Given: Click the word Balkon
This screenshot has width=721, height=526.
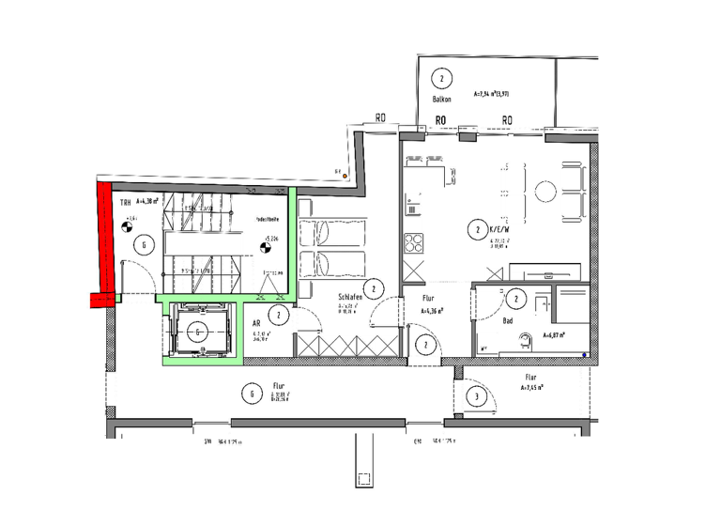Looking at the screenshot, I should click(443, 99).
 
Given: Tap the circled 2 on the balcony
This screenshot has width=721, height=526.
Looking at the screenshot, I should click(440, 78).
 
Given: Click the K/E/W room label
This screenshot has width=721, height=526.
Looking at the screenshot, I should click(499, 228).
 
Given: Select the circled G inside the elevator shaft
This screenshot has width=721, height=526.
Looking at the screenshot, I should click(199, 331).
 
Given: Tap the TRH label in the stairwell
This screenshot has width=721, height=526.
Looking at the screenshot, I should click(124, 202).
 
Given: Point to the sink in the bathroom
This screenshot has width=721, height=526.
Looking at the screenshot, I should click(529, 341).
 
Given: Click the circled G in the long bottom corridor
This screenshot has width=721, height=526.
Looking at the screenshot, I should click(252, 394).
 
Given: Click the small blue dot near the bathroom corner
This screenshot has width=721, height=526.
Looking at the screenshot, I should click(584, 354).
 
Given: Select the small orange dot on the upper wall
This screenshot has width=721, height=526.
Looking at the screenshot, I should click(345, 175).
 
